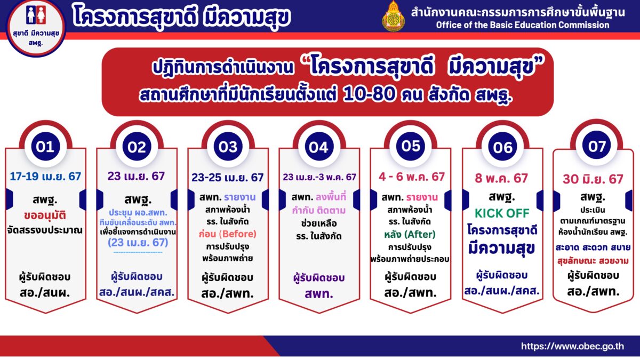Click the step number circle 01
(45, 146)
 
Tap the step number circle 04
(319, 146)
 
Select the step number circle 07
(597, 146)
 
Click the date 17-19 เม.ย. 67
(45, 177)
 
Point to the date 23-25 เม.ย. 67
(227, 178)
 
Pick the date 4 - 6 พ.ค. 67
(412, 177)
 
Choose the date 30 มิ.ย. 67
(593, 179)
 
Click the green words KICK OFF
(502, 213)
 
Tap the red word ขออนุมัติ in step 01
(45, 215)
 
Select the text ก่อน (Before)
(227, 234)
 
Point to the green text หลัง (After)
(410, 235)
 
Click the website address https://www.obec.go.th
(573, 346)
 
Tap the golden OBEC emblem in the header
(394, 17)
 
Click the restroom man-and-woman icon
(36, 15)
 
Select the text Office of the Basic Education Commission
(523, 25)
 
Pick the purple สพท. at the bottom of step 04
(319, 293)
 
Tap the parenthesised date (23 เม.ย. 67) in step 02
(138, 243)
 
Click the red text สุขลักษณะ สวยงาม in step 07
(593, 261)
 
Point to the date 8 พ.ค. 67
(501, 178)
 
